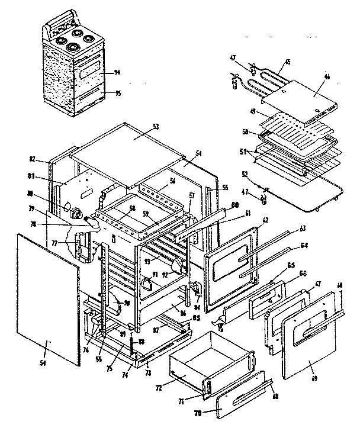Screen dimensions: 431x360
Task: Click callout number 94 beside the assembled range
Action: point(117,72)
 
